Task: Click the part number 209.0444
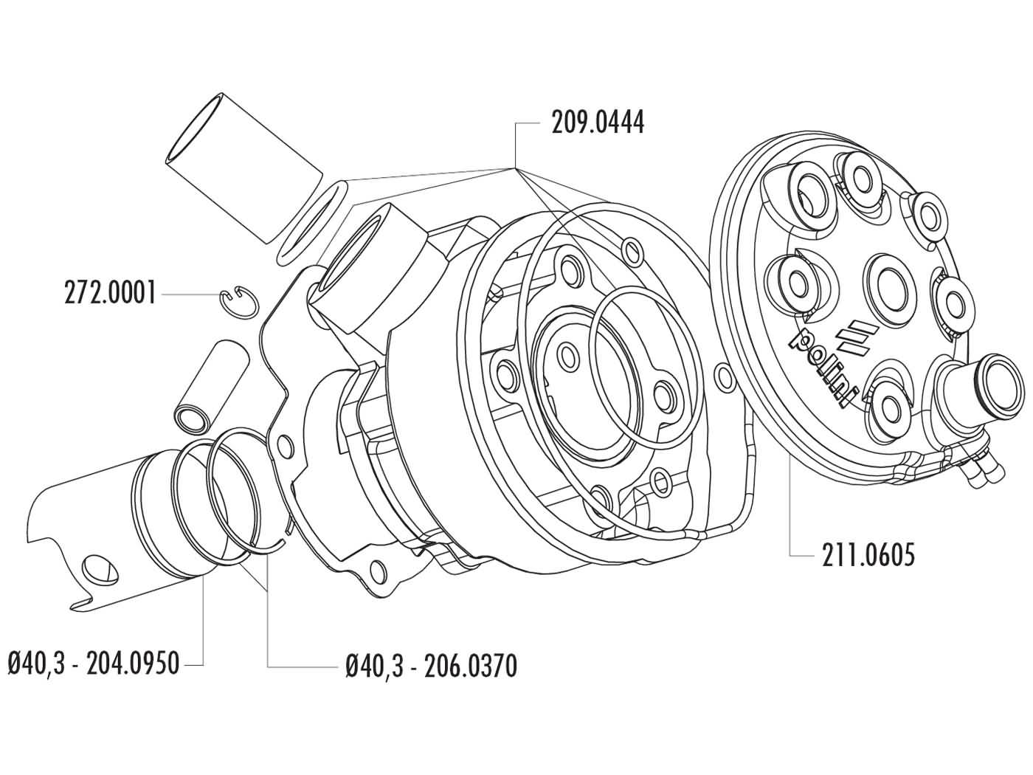tap(598, 123)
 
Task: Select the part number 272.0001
tap(110, 294)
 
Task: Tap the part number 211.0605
tap(868, 554)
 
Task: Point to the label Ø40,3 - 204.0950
tap(94, 664)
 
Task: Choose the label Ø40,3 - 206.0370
tap(431, 666)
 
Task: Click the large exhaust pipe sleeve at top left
tap(243, 167)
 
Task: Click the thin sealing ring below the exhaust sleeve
tap(314, 221)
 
